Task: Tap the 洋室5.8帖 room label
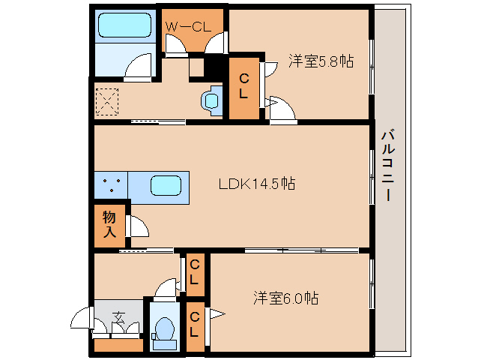pyautogui.click(x=321, y=62)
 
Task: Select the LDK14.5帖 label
pyautogui.click(x=255, y=184)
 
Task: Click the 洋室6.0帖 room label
pyautogui.click(x=285, y=298)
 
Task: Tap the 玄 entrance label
pyautogui.click(x=118, y=316)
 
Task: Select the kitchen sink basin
pyautogui.click(x=165, y=185)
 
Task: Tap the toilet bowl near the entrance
pyautogui.click(x=163, y=328)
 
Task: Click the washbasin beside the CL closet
pyautogui.click(x=211, y=100)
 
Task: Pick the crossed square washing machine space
pyautogui.click(x=107, y=101)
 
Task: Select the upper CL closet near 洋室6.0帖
pyautogui.click(x=194, y=271)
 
